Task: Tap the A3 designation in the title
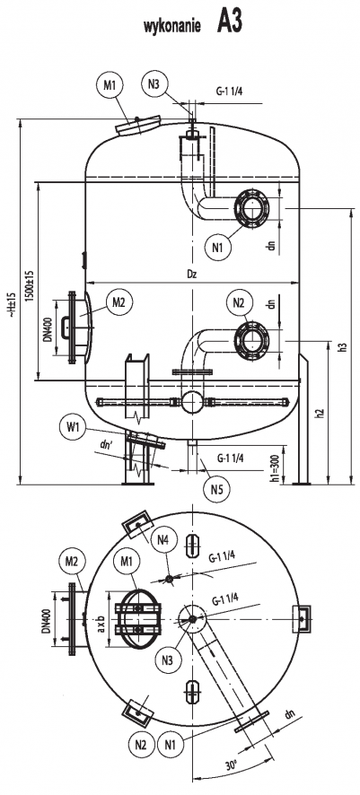tap(229, 23)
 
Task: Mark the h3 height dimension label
tap(342, 346)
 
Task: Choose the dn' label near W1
tap(107, 443)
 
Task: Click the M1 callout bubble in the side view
tap(111, 85)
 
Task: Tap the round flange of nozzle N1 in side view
tap(249, 209)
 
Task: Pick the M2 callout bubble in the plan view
tap(73, 562)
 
